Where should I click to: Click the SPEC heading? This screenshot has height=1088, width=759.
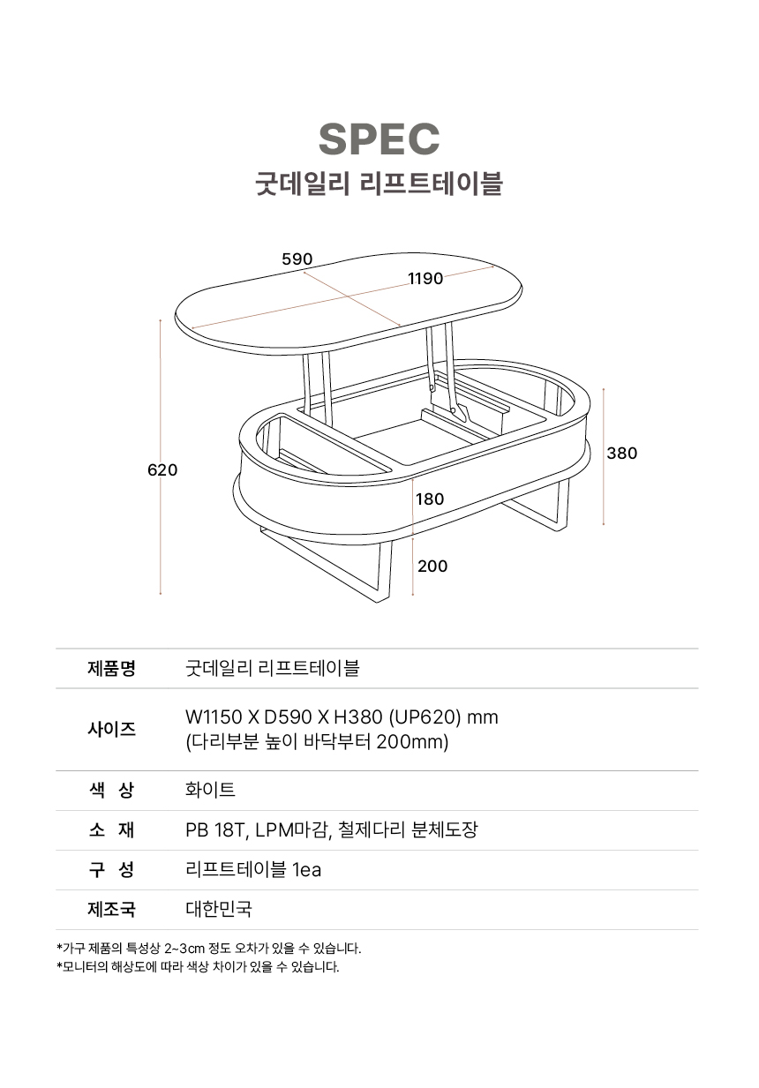tap(379, 139)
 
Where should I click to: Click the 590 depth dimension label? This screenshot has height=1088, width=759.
tap(297, 259)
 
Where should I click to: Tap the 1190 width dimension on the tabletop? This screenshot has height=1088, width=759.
tap(425, 279)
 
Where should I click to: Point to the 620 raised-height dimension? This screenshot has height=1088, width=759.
tap(162, 470)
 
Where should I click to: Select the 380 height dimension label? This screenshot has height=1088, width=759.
tap(622, 454)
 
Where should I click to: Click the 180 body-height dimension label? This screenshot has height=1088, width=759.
tap(430, 499)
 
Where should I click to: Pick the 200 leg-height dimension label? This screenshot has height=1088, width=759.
tap(432, 567)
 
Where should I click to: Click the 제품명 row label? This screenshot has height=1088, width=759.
tap(112, 668)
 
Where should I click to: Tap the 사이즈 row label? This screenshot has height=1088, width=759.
tap(112, 729)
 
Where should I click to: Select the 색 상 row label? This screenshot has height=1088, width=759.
tap(112, 791)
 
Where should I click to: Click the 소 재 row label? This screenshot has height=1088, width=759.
tap(112, 830)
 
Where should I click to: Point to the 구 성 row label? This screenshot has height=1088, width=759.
tap(112, 870)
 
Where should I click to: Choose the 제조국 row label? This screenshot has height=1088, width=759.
tap(112, 909)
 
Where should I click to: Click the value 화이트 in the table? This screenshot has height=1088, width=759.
tap(210, 791)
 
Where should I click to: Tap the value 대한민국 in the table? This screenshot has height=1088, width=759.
tap(219, 909)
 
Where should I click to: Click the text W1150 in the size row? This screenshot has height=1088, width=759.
tap(214, 717)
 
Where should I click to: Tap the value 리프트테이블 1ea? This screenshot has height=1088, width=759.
tap(253, 870)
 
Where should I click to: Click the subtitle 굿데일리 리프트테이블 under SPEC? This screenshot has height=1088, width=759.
tap(379, 184)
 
